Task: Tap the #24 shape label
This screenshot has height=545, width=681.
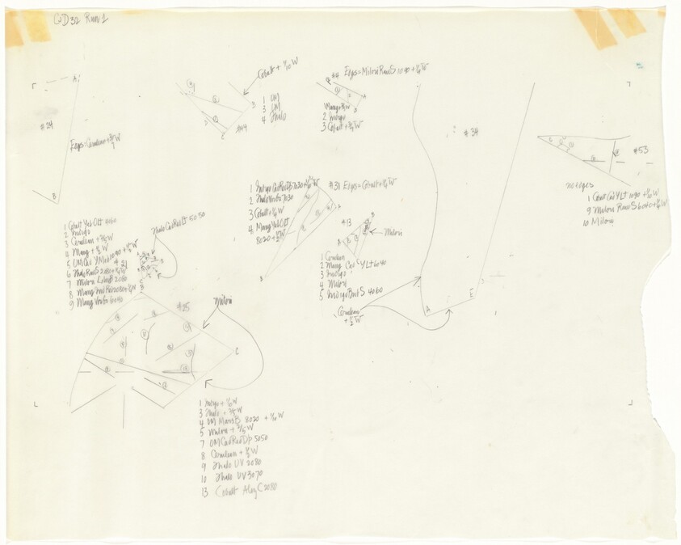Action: (47, 127)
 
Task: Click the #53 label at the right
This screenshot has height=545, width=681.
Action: (641, 150)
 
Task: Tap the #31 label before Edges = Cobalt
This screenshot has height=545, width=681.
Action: (334, 185)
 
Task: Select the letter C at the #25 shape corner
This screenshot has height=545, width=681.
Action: (236, 351)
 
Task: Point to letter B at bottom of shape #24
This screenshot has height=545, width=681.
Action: (53, 196)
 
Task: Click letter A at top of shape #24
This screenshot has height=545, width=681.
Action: (75, 78)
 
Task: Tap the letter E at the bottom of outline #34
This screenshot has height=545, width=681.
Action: (472, 296)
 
